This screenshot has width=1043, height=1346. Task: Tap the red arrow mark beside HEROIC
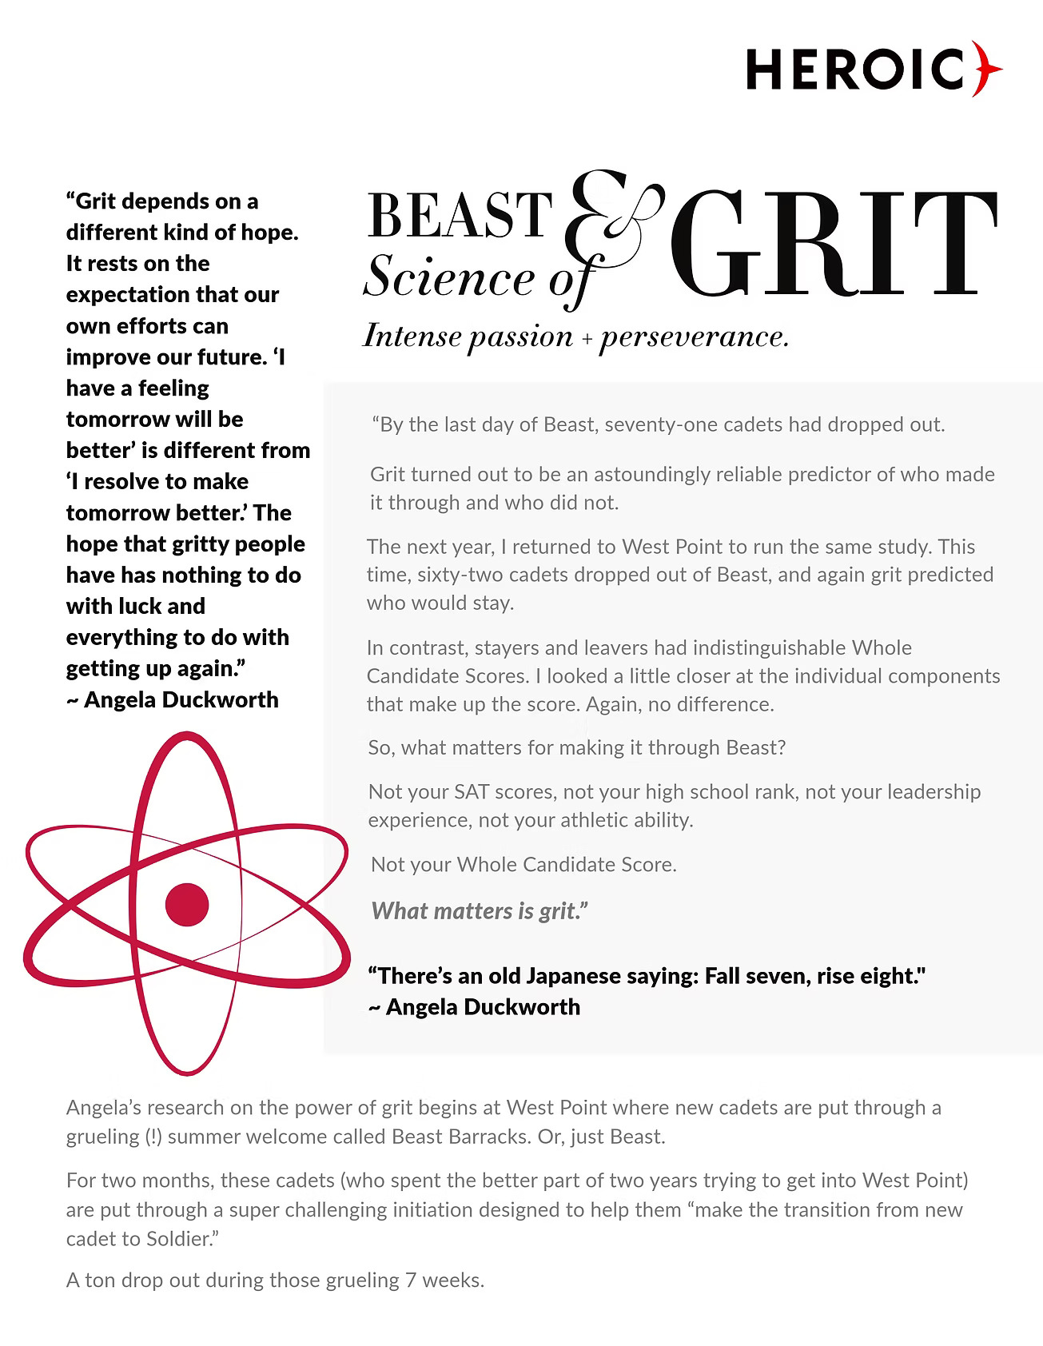[x=988, y=69]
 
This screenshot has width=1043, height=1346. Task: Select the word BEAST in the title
[x=460, y=216]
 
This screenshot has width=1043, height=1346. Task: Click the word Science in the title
[x=449, y=277]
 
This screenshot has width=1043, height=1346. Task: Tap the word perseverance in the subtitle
[x=694, y=336]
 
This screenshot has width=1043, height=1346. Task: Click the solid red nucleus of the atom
[x=187, y=905]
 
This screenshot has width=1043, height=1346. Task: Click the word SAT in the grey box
[x=472, y=792]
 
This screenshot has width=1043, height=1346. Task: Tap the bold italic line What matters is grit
[x=480, y=911]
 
